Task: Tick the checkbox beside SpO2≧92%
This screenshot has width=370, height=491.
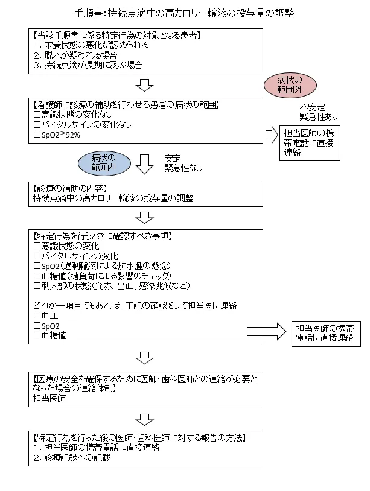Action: pos(37,135)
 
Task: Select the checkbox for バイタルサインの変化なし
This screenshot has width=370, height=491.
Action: pos(37,125)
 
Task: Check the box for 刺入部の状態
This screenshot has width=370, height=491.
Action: pos(37,285)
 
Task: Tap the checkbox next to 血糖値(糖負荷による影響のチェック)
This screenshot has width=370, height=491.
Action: pos(37,276)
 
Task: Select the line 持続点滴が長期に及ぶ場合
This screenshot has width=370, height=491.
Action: pos(85,65)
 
